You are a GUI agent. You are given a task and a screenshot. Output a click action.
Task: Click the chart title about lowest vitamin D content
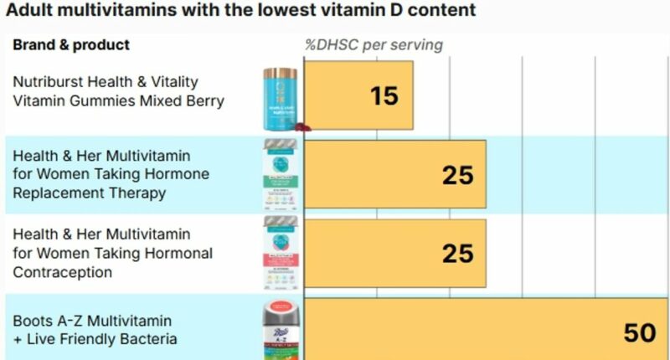pyautogui.click(x=242, y=11)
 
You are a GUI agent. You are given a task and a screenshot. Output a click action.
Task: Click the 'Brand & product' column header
pyautogui.click(x=71, y=44)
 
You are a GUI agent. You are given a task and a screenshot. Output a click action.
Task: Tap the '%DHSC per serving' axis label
pyautogui.click(x=374, y=44)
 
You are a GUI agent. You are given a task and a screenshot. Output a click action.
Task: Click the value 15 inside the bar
pyautogui.click(x=384, y=96)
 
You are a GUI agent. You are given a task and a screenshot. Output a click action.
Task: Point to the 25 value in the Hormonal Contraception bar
pyautogui.click(x=458, y=254)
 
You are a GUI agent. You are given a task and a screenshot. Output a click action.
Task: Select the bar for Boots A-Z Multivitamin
pyautogui.click(x=469, y=329)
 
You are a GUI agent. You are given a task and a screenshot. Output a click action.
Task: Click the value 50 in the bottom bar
pyautogui.click(x=640, y=333)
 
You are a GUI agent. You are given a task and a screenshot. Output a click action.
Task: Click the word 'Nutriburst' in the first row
pyautogui.click(x=48, y=82)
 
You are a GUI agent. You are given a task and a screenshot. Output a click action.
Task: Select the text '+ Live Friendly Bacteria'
pyautogui.click(x=95, y=339)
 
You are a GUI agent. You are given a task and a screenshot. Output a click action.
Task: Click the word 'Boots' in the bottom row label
pyautogui.click(x=33, y=321)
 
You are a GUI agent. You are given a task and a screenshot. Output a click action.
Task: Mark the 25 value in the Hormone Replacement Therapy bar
pyautogui.click(x=458, y=175)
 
